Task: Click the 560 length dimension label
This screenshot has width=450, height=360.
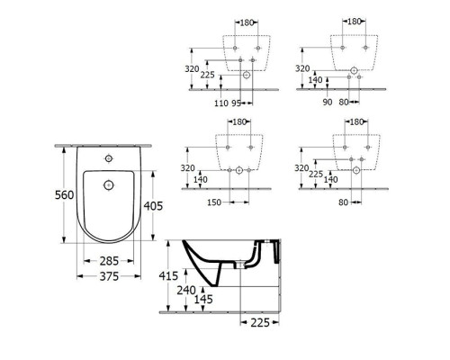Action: coord(64,195)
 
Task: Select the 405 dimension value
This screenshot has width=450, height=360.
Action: coord(153,206)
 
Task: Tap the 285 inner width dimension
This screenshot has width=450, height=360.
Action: coord(109,261)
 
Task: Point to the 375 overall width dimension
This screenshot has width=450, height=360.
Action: coord(109,276)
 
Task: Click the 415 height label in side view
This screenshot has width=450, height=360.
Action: coord(168,275)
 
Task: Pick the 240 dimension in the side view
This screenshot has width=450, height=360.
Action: coord(186,290)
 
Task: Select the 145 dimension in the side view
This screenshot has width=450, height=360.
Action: coord(203,299)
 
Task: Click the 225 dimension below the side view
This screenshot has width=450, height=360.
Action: coord(260,323)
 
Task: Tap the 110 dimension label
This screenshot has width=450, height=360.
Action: coord(221,103)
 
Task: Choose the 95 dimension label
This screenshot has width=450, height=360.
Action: coord(237,103)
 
